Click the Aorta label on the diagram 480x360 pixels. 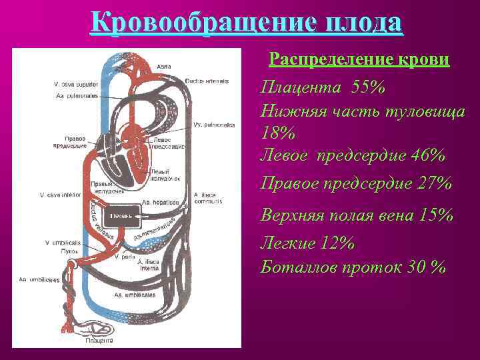[164, 67]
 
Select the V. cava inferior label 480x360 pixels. [61, 195]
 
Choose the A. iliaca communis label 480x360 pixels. [207, 197]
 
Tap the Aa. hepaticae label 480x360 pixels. [159, 203]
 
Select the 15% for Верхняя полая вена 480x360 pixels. [434, 216]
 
